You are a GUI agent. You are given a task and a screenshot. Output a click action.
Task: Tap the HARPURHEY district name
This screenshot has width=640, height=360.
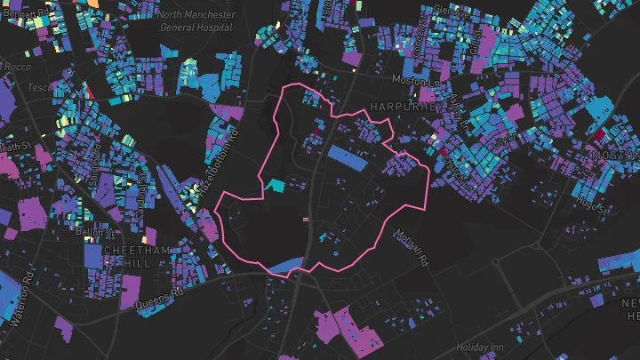405,107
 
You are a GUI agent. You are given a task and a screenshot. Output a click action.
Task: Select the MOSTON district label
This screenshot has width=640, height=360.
615,155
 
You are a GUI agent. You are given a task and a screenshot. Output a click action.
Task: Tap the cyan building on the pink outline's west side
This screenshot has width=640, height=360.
276,186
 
